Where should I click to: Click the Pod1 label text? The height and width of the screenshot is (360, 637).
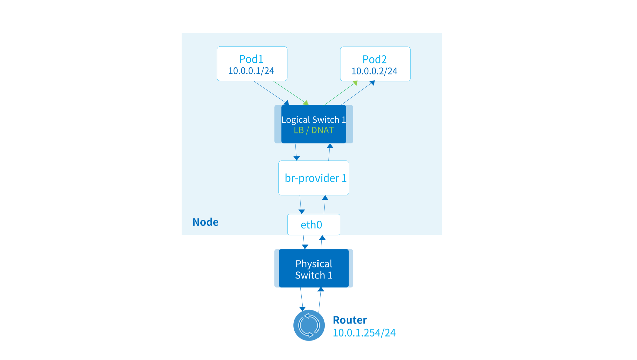pos(251,59)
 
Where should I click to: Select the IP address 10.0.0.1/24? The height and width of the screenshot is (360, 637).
pos(251,71)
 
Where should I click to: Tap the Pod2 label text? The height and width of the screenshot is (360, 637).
pos(374,59)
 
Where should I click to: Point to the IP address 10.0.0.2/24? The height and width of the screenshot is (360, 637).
pos(374,71)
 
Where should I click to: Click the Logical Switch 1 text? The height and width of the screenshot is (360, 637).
pos(313,120)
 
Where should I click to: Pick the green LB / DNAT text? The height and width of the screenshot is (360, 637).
pos(313,130)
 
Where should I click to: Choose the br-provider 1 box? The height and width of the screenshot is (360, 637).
pos(313,178)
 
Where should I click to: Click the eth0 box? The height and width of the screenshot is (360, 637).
pos(313,224)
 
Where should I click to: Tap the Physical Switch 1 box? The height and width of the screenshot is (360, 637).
pos(313,268)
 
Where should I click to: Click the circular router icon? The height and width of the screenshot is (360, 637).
pos(309,325)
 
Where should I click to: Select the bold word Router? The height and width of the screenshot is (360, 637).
pos(350,320)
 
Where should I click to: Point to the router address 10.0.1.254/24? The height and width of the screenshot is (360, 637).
pos(364,333)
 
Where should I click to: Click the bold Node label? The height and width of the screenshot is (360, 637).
pos(205,222)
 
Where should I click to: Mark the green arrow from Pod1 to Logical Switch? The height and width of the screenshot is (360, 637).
pos(290,93)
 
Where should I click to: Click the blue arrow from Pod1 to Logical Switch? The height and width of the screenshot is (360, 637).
pos(271,93)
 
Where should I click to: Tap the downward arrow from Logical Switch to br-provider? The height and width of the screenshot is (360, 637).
pos(296,152)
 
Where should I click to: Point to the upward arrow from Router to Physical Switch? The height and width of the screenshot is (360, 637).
pos(320,300)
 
